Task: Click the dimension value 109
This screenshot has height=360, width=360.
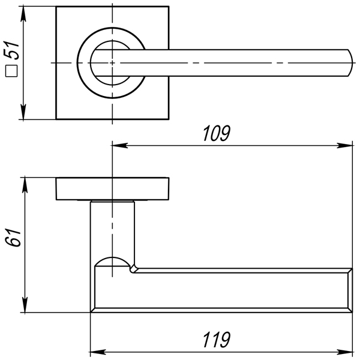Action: pos(217,133)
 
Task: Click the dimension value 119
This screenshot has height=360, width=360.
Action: pos(217,340)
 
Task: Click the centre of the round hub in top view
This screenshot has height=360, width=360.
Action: pos(112,62)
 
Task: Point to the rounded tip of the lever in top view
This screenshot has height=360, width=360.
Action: pos(349,62)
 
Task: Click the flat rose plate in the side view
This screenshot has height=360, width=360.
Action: pos(112,189)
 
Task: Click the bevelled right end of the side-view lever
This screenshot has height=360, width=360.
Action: pos(348,291)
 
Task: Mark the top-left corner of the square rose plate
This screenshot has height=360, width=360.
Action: pos(57,8)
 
